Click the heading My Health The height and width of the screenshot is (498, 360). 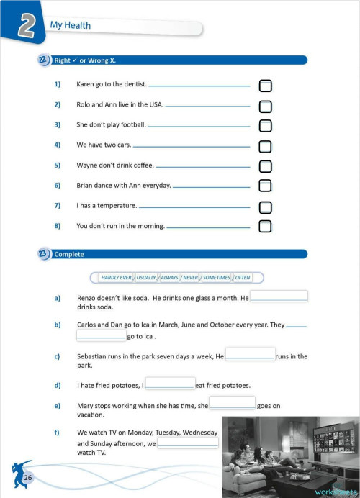(x=70, y=26)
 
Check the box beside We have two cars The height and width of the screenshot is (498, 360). (x=265, y=146)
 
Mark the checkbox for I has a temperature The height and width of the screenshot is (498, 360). (x=265, y=207)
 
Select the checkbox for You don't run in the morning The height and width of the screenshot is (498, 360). (x=265, y=226)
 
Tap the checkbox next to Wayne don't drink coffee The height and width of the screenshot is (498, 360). (x=265, y=166)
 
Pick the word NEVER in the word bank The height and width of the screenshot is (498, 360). (x=190, y=277)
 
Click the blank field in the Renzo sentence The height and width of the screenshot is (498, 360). (x=279, y=296)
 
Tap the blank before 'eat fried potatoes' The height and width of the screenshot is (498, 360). (x=170, y=383)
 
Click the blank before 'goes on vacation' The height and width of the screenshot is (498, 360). (x=232, y=402)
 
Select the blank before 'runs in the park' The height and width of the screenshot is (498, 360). (x=250, y=353)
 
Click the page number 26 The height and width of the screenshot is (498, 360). (x=28, y=478)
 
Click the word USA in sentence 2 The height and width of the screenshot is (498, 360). (x=156, y=105)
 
